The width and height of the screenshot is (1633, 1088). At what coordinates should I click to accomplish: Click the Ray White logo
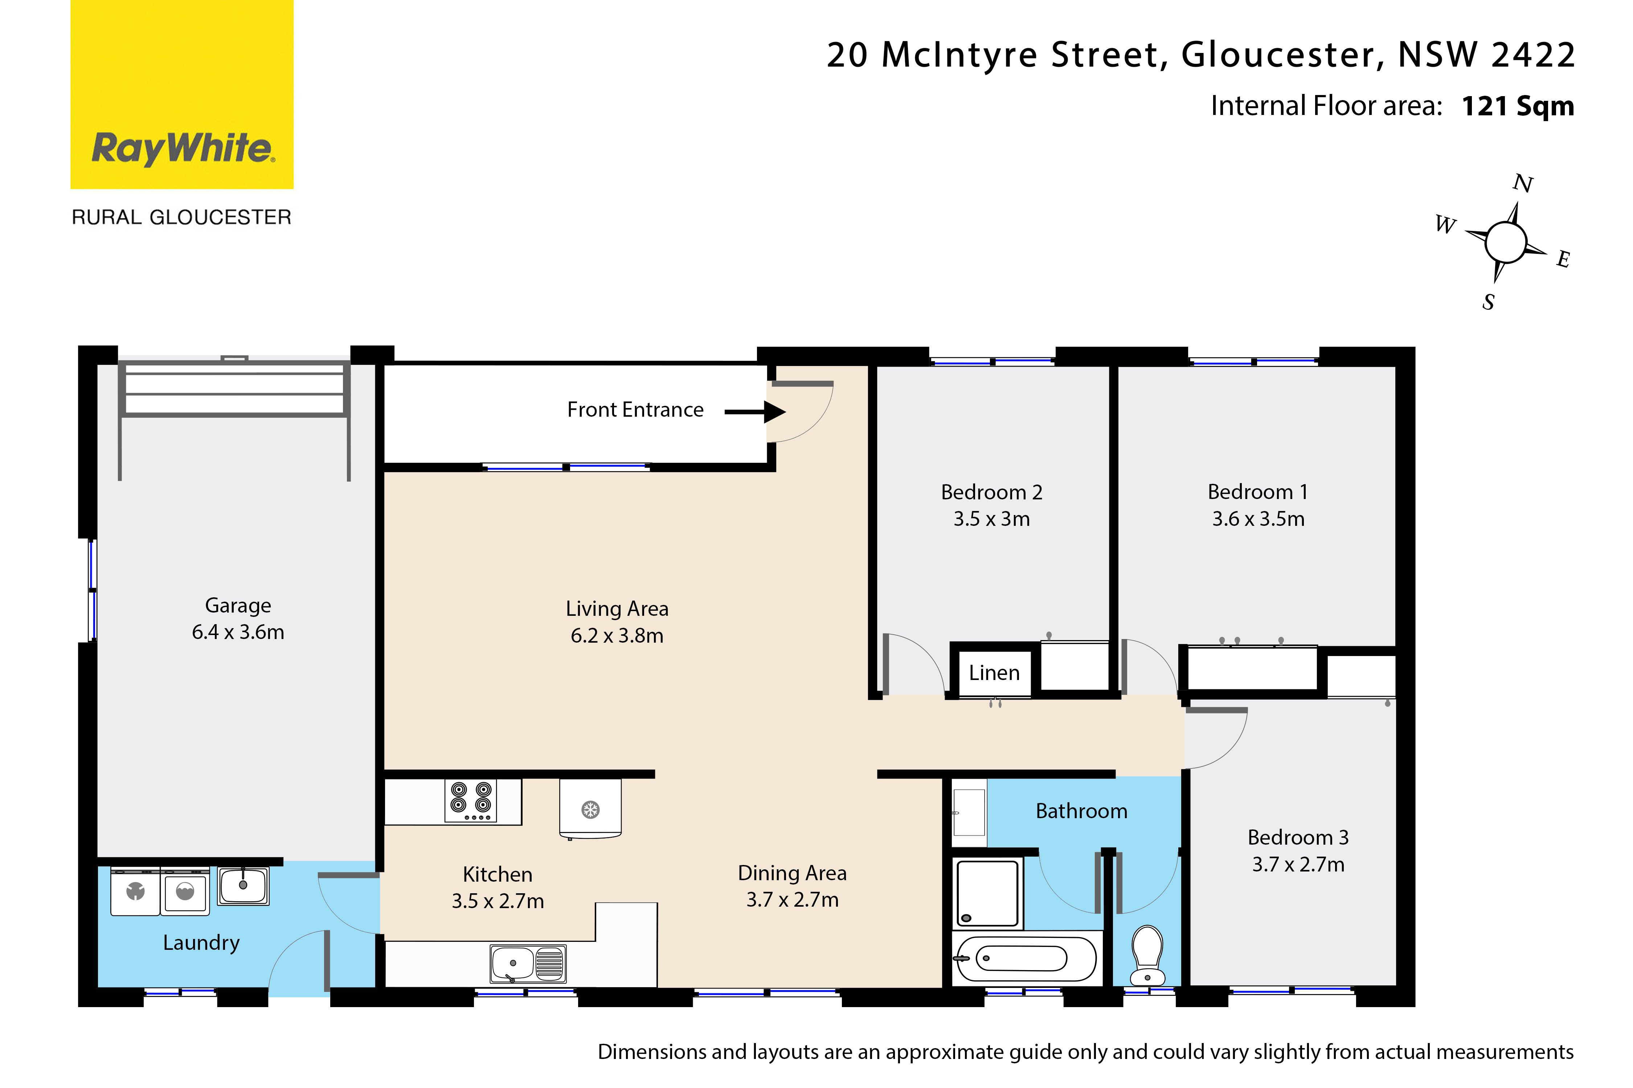[x=182, y=94]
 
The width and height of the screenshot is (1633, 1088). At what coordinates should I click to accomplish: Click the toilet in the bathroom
[x=1147, y=955]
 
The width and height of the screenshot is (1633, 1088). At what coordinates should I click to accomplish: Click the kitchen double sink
[x=528, y=963]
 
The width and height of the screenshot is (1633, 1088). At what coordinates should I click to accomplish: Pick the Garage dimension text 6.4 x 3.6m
[x=238, y=632]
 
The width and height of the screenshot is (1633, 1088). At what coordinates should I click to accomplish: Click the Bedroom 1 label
[x=1257, y=492]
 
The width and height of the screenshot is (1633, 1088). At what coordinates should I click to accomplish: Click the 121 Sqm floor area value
[x=1518, y=106]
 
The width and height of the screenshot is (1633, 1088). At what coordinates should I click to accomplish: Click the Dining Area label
[x=792, y=873]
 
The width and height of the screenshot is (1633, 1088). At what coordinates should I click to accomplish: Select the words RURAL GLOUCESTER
[x=182, y=217]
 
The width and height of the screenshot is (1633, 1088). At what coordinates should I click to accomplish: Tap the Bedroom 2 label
[x=991, y=492]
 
